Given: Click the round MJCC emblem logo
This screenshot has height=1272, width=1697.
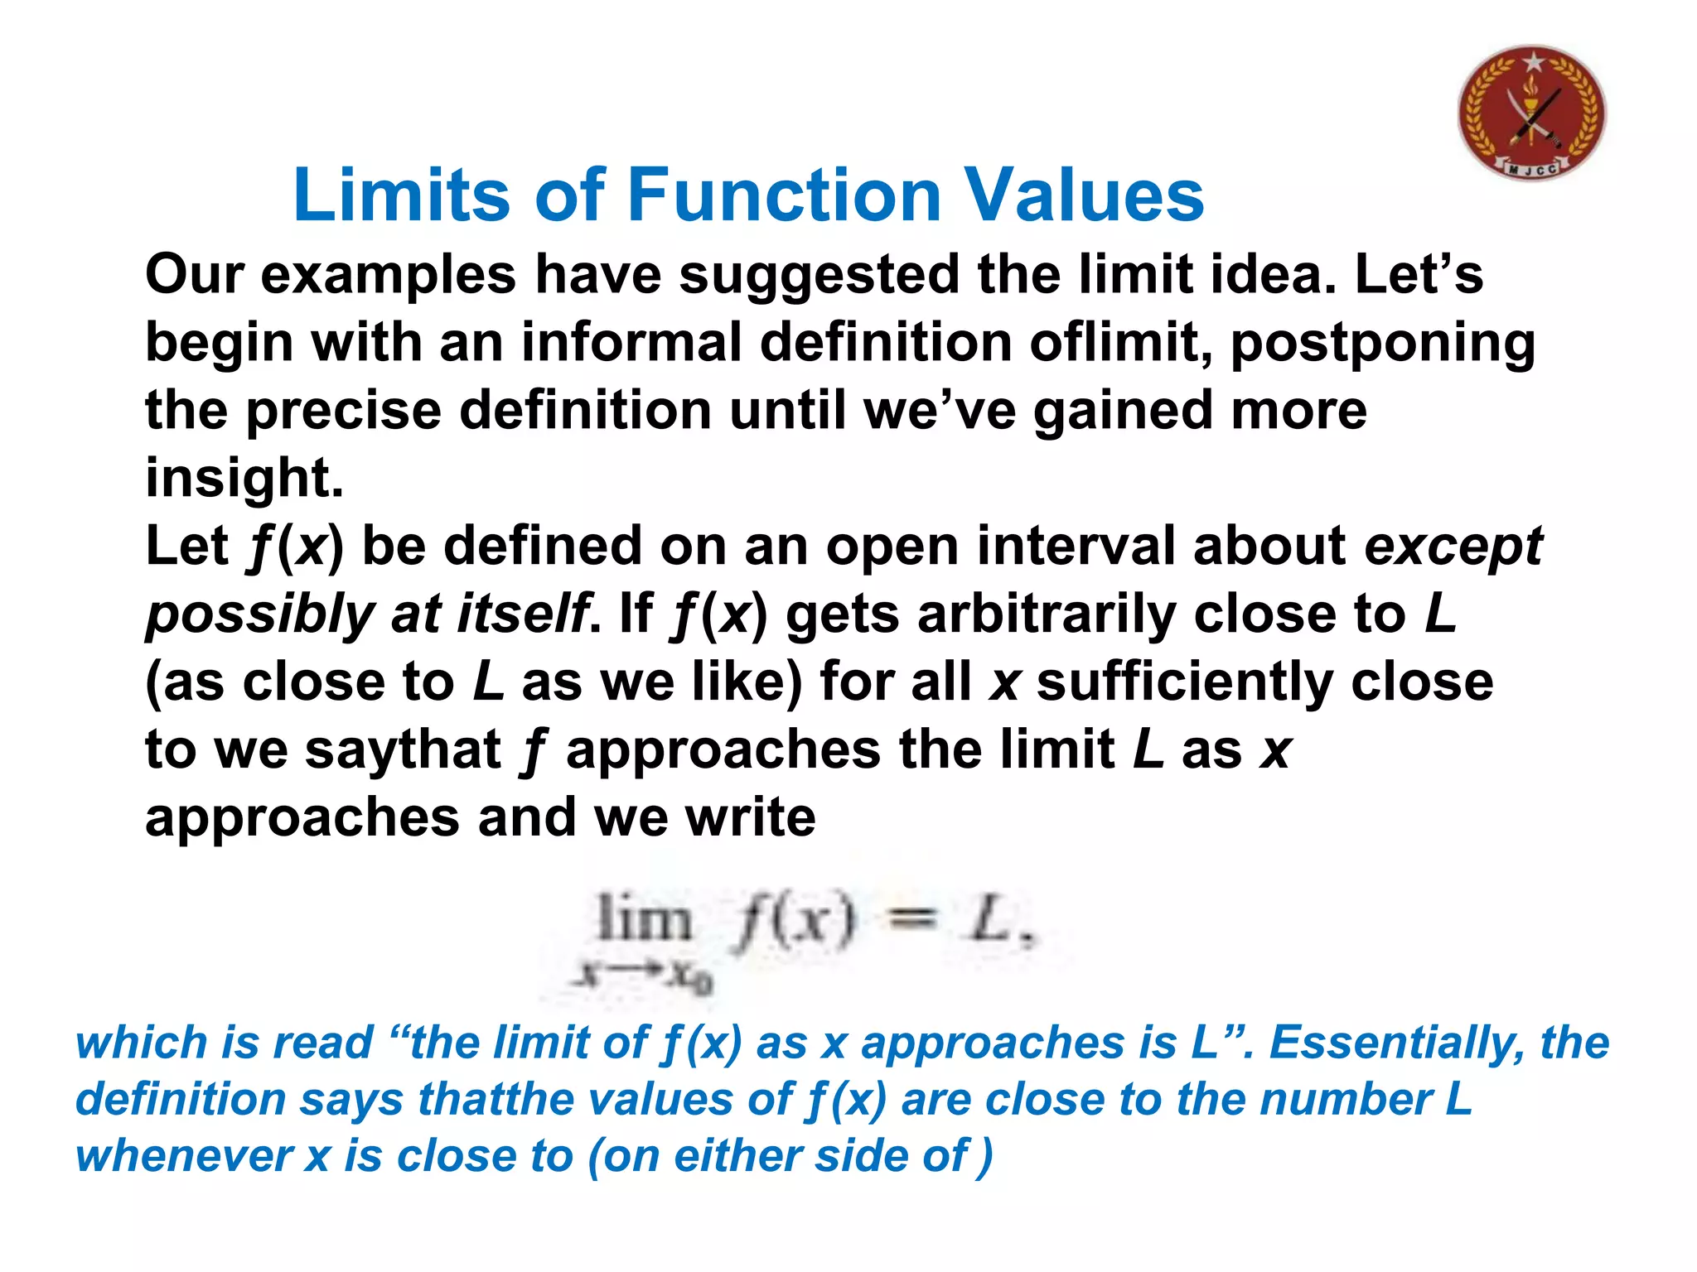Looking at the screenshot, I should click(1531, 113).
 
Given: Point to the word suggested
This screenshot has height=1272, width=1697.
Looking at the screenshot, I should click(819, 277).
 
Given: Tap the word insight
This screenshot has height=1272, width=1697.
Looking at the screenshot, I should click(244, 479).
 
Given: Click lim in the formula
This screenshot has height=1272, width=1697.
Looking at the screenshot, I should click(644, 919).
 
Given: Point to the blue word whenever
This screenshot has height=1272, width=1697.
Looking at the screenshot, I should click(184, 1156).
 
